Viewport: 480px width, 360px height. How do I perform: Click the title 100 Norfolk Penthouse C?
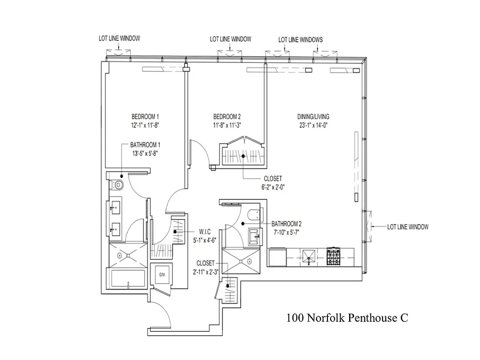347,318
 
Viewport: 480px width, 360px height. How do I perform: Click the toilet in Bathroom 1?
117,184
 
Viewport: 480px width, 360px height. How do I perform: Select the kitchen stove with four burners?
335,256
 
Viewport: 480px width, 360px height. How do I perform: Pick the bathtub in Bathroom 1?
128,279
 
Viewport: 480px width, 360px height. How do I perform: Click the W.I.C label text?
200,232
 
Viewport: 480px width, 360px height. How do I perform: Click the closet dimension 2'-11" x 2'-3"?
206,271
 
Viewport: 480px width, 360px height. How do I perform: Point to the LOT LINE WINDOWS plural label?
300,40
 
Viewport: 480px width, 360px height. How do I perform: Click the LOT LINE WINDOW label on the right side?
408,227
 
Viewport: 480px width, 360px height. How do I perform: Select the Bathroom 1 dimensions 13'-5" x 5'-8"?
145,153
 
